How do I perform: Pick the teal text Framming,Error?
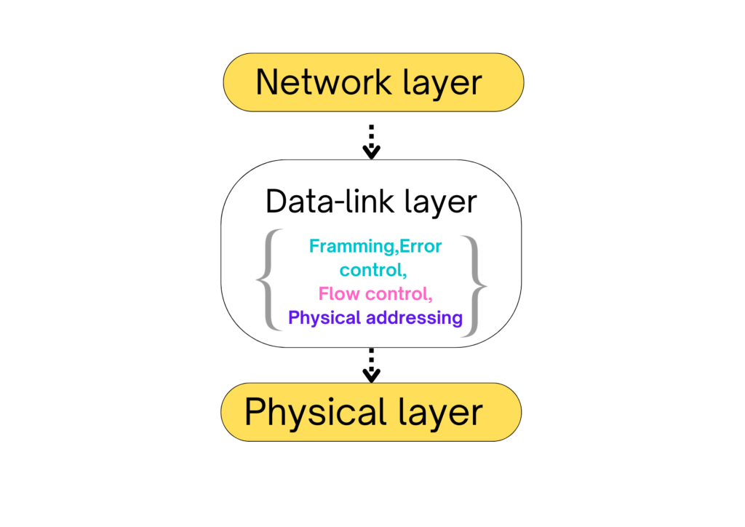pos(375,246)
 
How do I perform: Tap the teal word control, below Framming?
pos(371,270)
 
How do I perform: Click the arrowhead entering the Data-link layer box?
pos(372,152)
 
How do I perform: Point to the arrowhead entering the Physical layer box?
pos(372,376)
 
